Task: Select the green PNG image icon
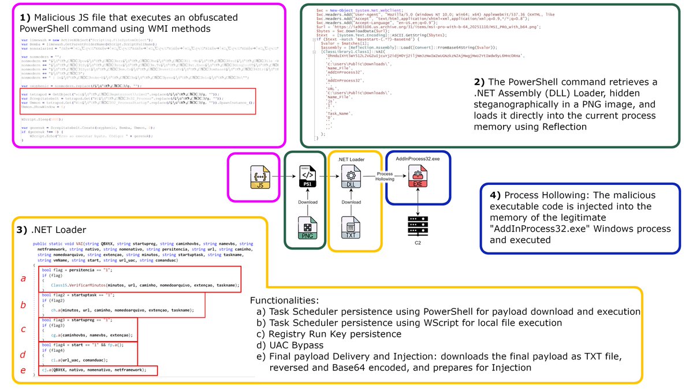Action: (306, 228)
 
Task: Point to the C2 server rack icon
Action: (417, 223)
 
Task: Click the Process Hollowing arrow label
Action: (385, 177)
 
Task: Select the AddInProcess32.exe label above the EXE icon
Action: (417, 158)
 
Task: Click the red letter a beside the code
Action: (23, 278)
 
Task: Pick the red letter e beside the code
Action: (23, 370)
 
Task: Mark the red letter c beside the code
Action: (23, 329)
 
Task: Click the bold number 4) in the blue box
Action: (495, 194)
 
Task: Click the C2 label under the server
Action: (417, 243)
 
